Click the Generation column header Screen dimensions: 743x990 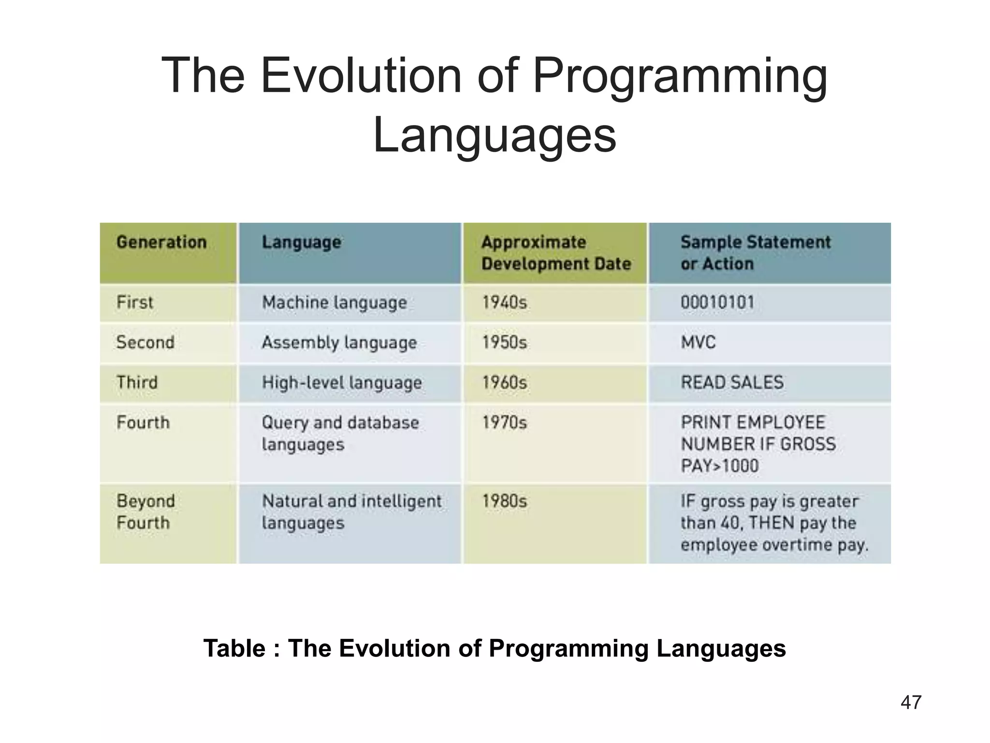point(161,242)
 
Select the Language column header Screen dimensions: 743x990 point(301,242)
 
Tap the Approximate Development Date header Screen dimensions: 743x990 point(556,253)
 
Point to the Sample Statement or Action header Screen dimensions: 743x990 point(755,253)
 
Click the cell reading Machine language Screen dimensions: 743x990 point(335,303)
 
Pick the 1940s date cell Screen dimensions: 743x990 point(504,303)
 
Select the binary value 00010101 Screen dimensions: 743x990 point(717,303)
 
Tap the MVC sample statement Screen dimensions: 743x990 point(698,342)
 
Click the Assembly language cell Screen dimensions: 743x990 point(339,342)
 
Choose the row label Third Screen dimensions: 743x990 point(137,383)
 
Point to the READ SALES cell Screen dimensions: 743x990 point(732,383)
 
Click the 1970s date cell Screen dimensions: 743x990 point(504,423)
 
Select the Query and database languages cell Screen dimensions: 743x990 point(340,433)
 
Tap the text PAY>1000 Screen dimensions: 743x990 point(720,466)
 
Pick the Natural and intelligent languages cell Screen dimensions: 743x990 point(351,512)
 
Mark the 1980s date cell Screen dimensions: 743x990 point(504,501)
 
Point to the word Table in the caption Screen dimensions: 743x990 point(234,648)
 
